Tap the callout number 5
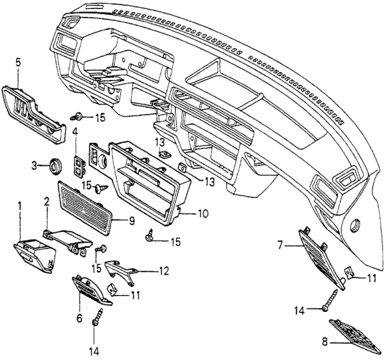(x=18, y=64)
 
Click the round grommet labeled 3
(x=53, y=166)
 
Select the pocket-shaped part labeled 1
(x=34, y=255)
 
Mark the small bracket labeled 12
(x=125, y=268)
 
